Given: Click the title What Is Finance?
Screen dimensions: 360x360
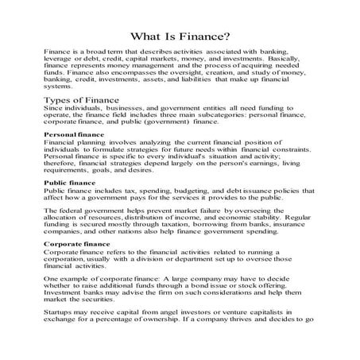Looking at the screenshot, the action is tap(180, 37).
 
